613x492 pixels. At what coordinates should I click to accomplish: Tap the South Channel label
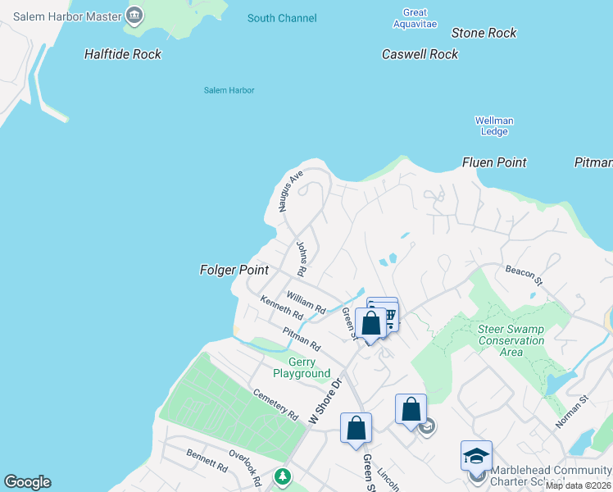pos(282,18)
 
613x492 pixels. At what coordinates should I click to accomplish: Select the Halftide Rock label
pos(123,54)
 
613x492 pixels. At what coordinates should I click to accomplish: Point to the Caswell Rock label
pos(420,54)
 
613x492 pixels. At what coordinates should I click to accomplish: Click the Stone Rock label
pos(484,33)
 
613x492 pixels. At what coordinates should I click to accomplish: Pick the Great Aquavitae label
pos(415,18)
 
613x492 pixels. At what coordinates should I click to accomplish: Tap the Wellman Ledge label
pos(494,125)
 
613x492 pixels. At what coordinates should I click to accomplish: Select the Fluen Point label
pos(494,162)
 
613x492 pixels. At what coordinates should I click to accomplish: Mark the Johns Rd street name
pos(301,257)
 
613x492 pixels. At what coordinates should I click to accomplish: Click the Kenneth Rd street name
pos(281,308)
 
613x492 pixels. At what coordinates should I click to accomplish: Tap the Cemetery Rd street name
pos(275,404)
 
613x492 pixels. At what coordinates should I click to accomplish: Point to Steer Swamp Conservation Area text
pos(511,340)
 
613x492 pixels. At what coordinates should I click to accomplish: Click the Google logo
pos(27,482)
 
